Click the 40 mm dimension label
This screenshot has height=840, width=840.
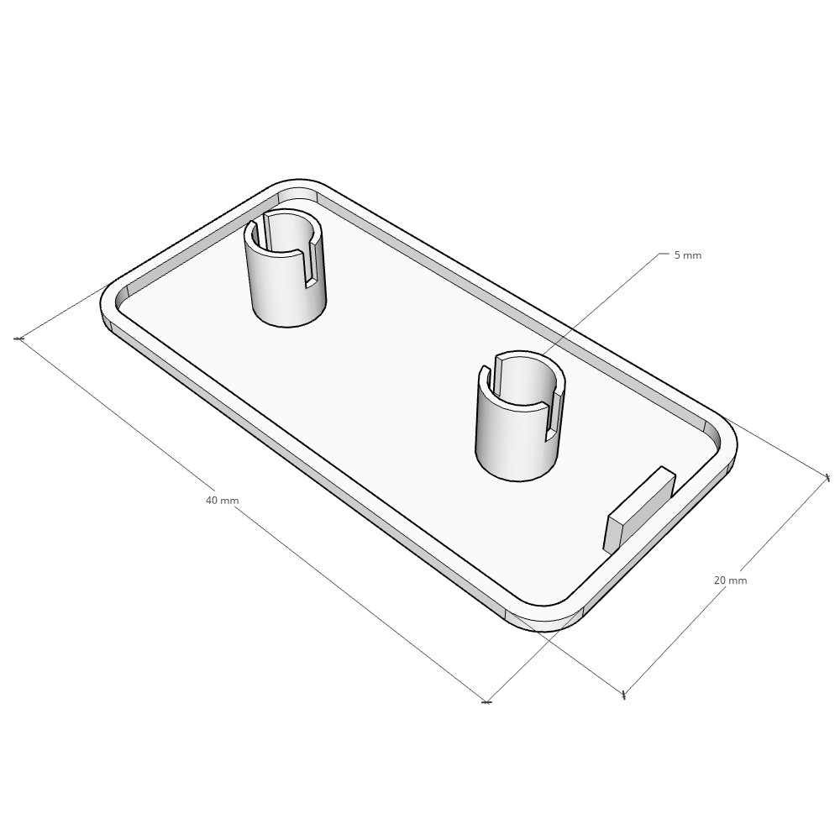222,501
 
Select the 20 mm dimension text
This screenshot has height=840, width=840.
729,580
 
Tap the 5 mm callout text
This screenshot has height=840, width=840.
687,255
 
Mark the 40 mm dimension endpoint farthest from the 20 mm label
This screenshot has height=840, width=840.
18,339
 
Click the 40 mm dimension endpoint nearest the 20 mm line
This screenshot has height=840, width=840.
486,701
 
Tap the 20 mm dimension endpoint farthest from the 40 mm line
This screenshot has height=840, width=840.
827,478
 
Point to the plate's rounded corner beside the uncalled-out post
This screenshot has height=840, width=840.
298,185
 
